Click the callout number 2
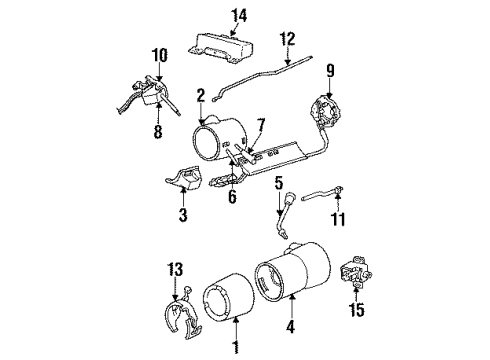[200, 95]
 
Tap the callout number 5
[279, 183]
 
